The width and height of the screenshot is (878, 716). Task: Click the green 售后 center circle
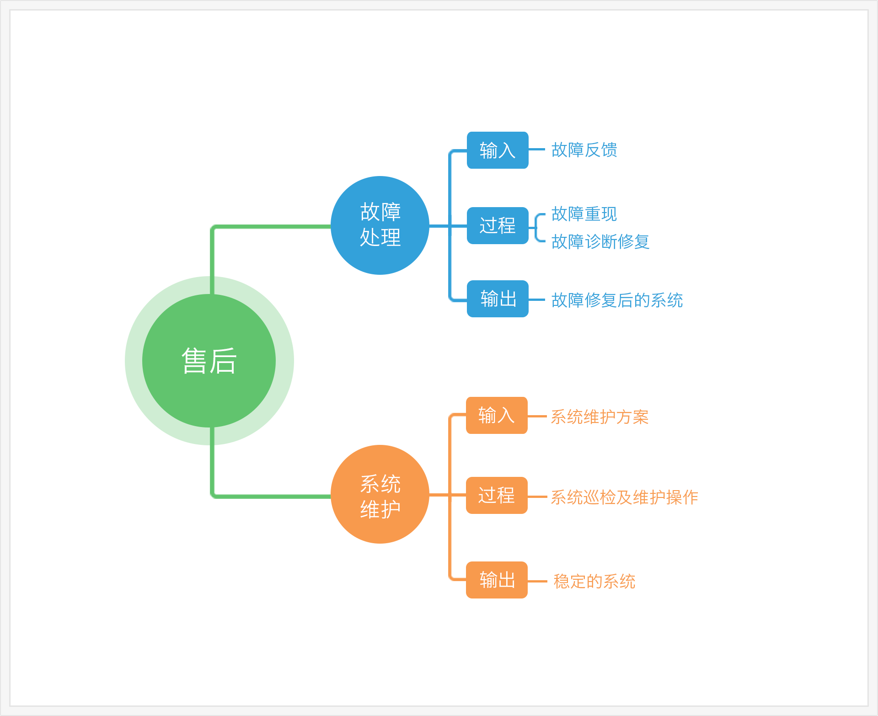point(209,361)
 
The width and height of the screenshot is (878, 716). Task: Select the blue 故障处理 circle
point(380,225)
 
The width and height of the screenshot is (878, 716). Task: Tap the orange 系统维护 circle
point(380,494)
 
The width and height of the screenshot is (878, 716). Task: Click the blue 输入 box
point(498,150)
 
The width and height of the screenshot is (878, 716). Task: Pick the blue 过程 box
point(498,225)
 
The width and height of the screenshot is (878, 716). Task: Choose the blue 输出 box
point(498,299)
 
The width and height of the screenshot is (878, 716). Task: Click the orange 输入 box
point(497,415)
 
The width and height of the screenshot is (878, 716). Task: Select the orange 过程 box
point(497,495)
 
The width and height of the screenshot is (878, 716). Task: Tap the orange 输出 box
point(497,580)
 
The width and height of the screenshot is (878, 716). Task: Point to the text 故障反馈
point(584,150)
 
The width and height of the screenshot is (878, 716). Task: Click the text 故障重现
point(584,214)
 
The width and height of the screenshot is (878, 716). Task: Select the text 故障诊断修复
point(600,241)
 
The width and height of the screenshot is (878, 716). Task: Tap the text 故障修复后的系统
point(617,300)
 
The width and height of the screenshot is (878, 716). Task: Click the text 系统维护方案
point(600,417)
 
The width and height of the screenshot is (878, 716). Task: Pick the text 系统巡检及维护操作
point(624,497)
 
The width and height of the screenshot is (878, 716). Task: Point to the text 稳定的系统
point(594,581)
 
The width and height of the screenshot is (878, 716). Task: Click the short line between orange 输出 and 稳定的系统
point(537,581)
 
